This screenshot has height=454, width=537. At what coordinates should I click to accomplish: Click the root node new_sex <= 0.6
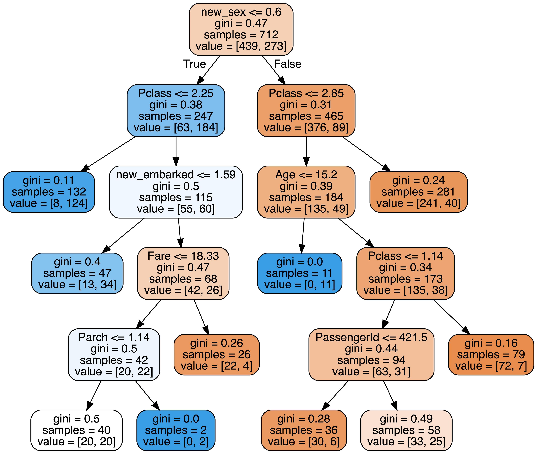click(x=241, y=29)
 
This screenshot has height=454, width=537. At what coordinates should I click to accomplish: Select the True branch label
click(x=194, y=64)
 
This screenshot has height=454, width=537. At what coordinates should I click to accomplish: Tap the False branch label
click(x=287, y=64)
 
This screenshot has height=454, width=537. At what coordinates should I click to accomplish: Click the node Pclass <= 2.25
click(x=176, y=110)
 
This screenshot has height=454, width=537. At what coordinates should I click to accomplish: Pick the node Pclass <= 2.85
click(x=306, y=110)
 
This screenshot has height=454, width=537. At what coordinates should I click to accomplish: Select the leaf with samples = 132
click(x=49, y=192)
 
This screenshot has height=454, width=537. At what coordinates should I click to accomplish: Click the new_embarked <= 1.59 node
click(x=176, y=192)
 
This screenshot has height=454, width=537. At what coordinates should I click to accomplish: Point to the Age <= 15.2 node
click(x=306, y=192)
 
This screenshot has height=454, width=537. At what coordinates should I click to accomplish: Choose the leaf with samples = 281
click(x=418, y=192)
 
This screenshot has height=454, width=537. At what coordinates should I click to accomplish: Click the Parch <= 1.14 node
click(x=114, y=354)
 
